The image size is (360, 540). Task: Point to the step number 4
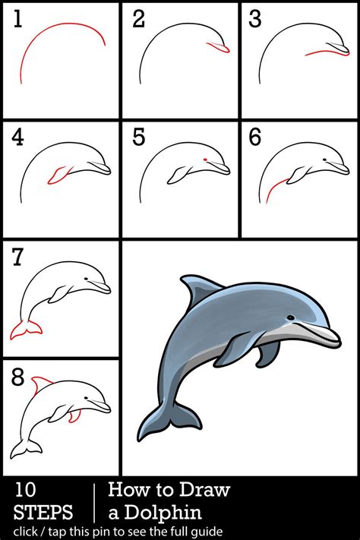(17, 137)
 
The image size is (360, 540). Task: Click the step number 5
(137, 137)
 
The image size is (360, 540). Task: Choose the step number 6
(256, 137)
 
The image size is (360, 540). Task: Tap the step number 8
(17, 377)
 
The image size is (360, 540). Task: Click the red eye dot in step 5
(205, 159)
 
